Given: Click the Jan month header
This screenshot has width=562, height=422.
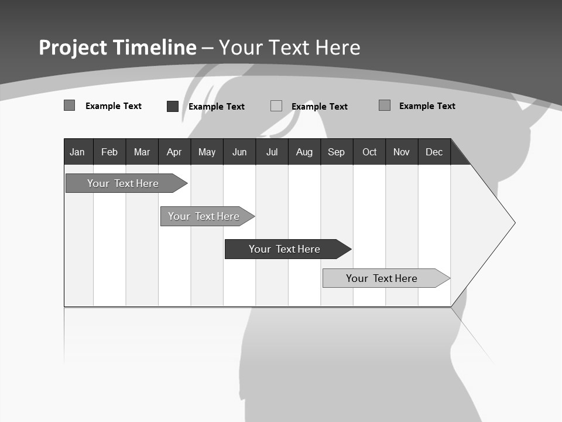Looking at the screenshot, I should (77, 152).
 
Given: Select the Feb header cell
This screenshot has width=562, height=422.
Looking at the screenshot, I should (109, 152).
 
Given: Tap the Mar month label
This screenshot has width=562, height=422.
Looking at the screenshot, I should (142, 152).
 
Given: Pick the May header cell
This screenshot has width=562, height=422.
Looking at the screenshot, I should (207, 152).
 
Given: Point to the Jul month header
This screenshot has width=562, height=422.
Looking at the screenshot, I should (272, 152).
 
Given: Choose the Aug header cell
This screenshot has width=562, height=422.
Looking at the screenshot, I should (304, 152).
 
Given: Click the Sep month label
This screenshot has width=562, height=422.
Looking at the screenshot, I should (337, 152).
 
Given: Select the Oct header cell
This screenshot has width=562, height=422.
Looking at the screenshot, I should (369, 152).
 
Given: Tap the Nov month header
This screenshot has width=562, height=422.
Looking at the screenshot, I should (402, 152).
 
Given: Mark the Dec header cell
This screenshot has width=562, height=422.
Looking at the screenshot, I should (434, 152).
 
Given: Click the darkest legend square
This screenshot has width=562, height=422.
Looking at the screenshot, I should (173, 106).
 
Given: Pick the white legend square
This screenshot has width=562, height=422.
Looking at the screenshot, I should (276, 106).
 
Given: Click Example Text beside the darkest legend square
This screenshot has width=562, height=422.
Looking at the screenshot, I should (217, 107).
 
